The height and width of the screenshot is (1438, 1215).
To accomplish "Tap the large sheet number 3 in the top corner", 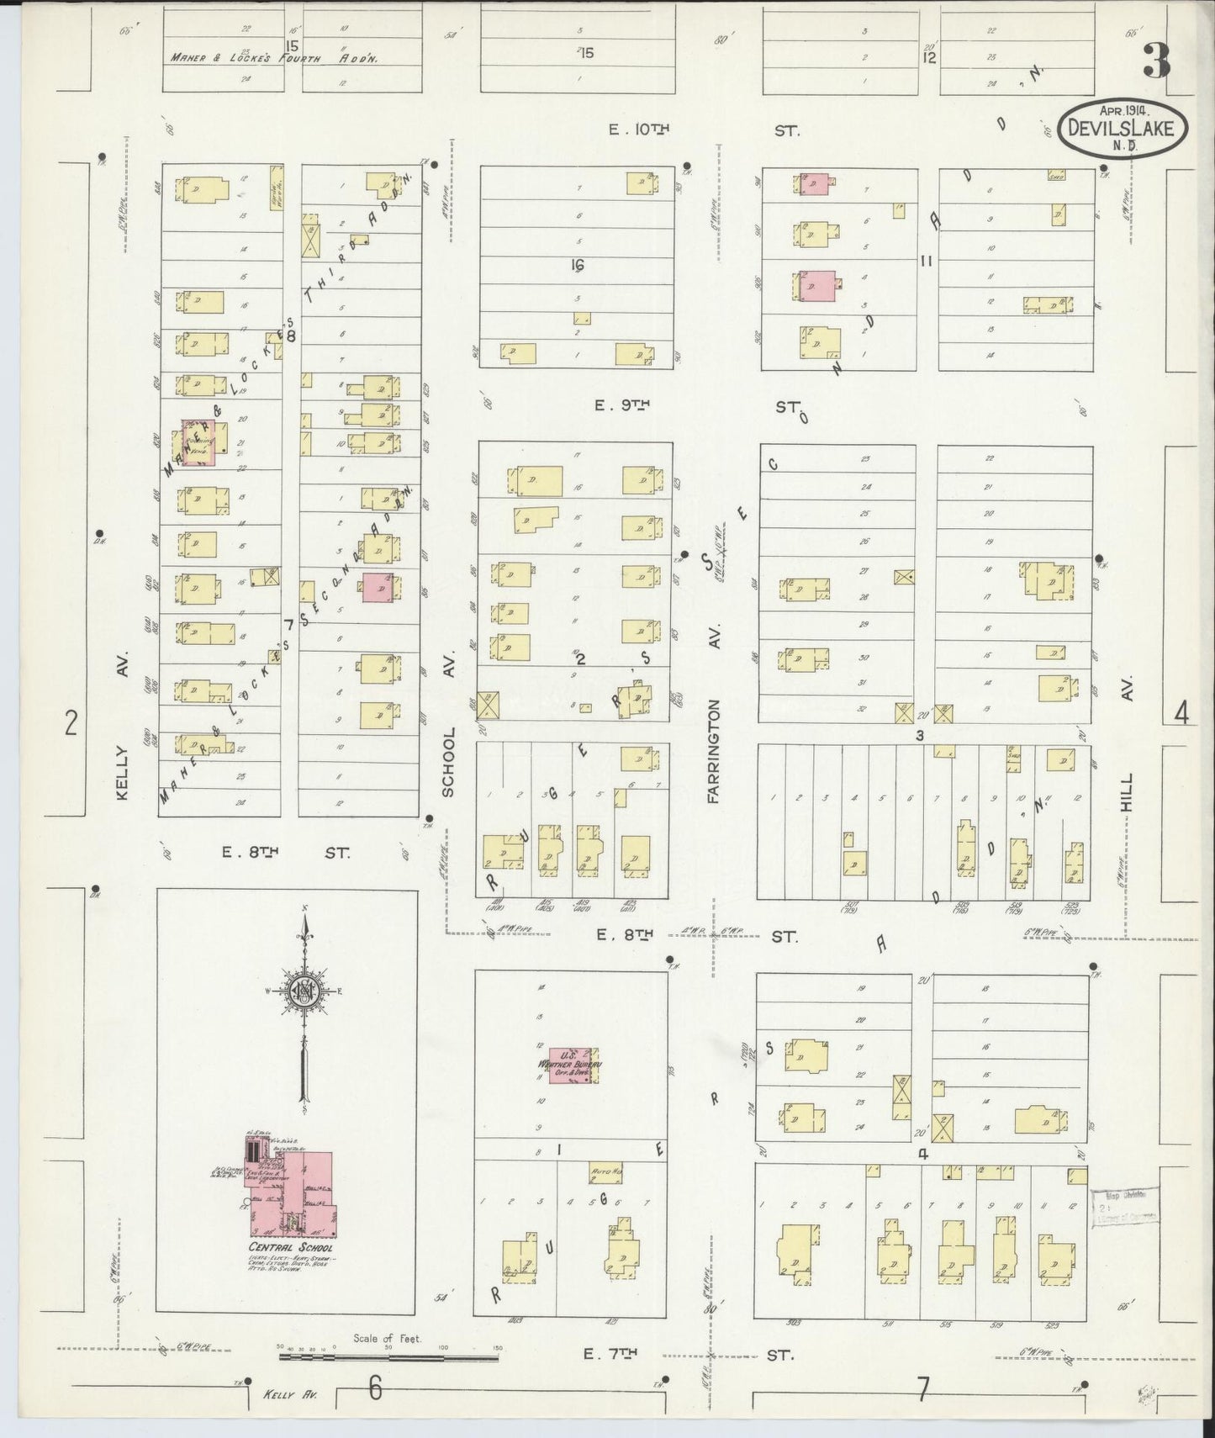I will pos(1158,61).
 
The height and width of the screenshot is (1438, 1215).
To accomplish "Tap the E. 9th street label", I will pos(622,405).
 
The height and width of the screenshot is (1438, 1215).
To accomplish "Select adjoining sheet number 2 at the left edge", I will pos(71,722).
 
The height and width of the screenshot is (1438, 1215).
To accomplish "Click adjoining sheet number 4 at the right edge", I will pos(1181,713).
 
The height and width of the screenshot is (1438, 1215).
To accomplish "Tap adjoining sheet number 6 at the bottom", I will pos(375,1388).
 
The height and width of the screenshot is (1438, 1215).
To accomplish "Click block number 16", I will pos(577,265).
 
